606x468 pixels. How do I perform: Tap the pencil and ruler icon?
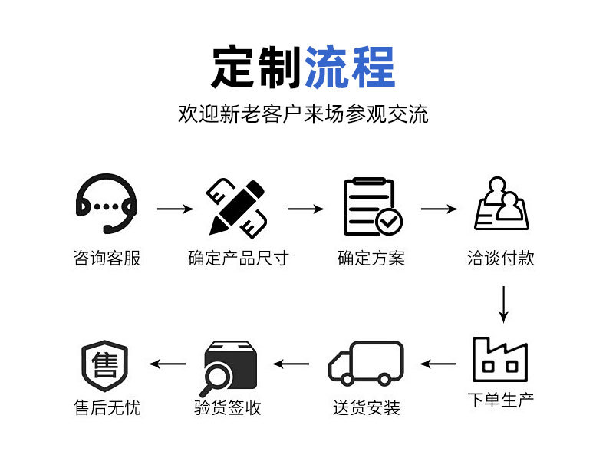coord(237,206)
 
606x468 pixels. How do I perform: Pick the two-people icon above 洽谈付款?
coord(501,203)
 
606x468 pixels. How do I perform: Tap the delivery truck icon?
coord(366,363)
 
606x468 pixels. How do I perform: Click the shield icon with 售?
coord(104,364)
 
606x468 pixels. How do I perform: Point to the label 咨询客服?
coord(107,258)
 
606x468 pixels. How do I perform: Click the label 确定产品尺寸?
coord(238,258)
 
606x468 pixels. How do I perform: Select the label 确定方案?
coord(371,258)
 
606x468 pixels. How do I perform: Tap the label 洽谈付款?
coord(501,258)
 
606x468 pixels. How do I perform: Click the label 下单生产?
coord(501,400)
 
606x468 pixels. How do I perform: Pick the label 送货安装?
coord(367,407)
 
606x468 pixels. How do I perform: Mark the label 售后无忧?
coord(107,407)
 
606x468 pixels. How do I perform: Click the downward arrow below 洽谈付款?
coord(503,305)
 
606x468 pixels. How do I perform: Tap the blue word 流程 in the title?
coord(350,68)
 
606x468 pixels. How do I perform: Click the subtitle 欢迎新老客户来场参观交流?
coord(303,114)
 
